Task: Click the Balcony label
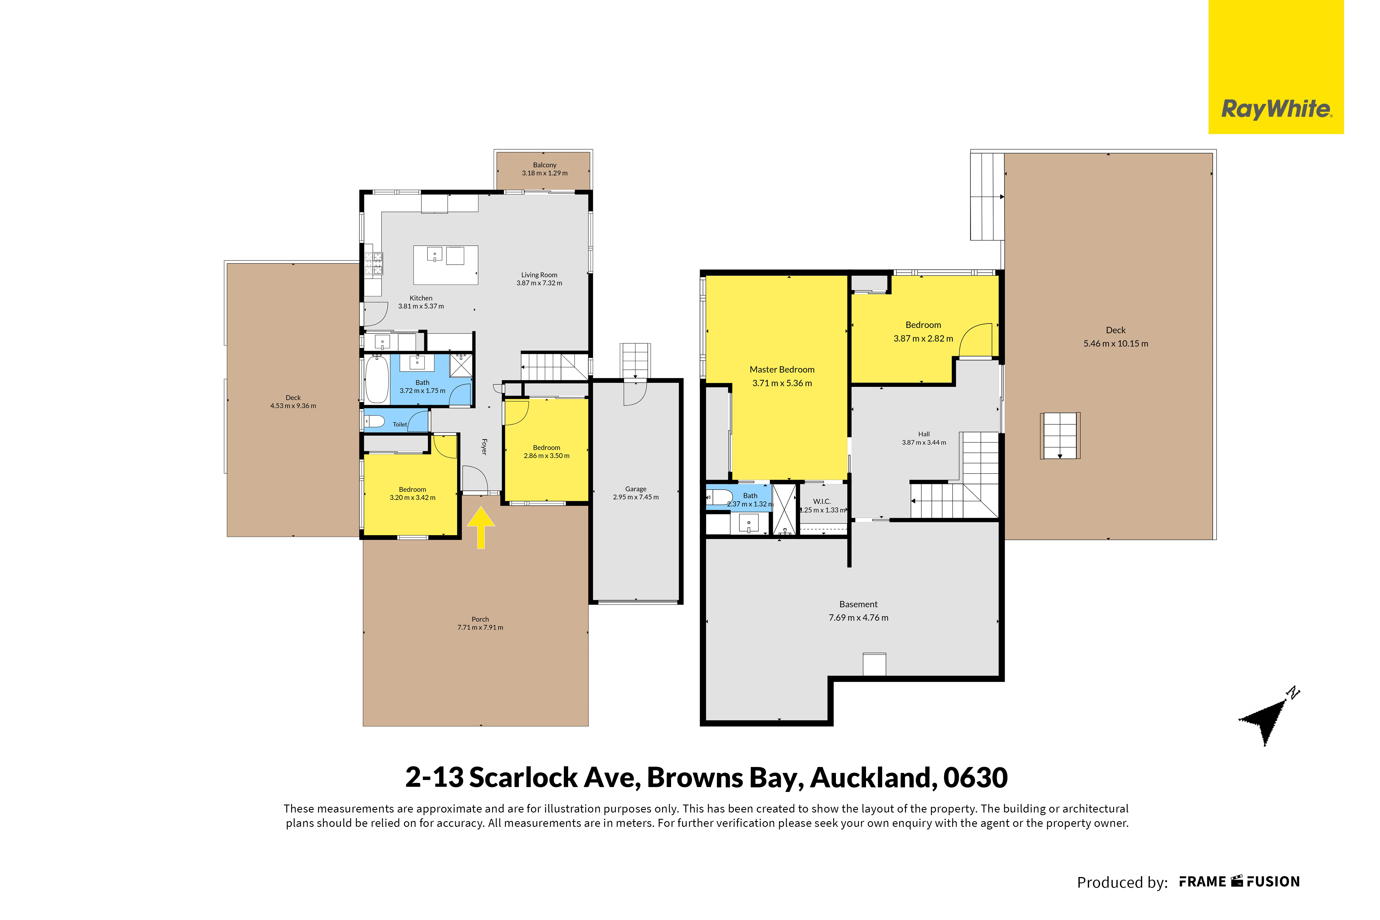pos(545,165)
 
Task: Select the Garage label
pos(636,489)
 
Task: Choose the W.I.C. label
pos(822,501)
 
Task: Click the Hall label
pos(924,434)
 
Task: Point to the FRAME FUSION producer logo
pos(1240,882)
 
